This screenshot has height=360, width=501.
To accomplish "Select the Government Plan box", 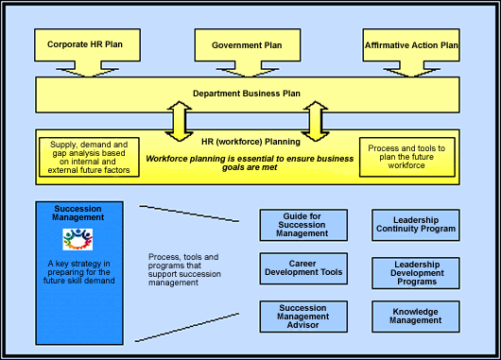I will tap(246, 44).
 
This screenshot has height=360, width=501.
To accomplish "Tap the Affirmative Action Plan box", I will tap(411, 44).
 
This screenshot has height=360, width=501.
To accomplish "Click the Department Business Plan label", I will tap(246, 94).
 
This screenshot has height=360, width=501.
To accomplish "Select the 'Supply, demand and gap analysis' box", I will tap(90, 157).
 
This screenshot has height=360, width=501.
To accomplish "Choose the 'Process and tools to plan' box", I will tap(407, 157).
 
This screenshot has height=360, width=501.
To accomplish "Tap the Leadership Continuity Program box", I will tap(414, 223).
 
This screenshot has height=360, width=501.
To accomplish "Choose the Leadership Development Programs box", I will tap(414, 273).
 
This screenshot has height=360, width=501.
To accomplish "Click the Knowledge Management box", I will tap(414, 316).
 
